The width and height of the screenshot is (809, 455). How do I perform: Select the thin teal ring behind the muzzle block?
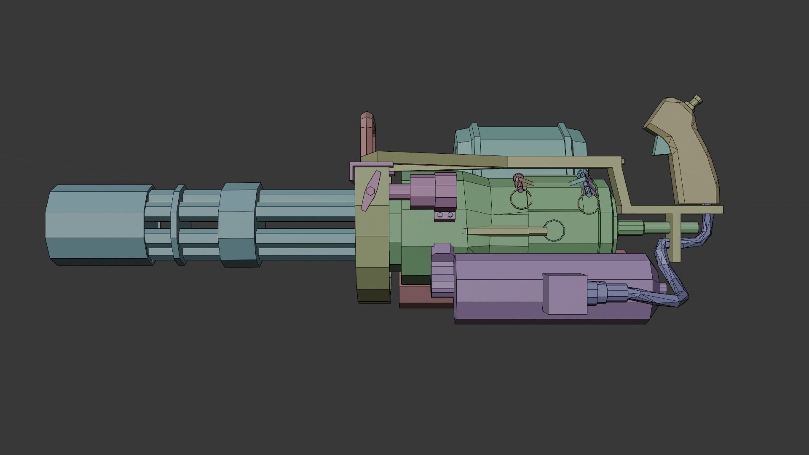[x=179, y=225]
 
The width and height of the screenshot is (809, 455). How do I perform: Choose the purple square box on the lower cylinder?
[x=565, y=294]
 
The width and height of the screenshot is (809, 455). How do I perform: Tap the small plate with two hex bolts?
[x=445, y=215]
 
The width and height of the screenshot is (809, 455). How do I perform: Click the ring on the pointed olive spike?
[x=554, y=230]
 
